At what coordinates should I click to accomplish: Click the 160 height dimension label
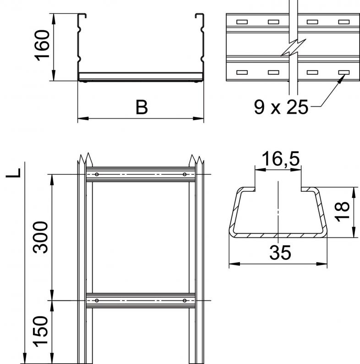pos(42,45)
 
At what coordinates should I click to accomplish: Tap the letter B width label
pos(142,107)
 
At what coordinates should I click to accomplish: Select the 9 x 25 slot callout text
pos(281,107)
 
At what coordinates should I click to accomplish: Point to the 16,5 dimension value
pos(281,158)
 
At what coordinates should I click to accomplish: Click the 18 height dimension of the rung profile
pos(342,212)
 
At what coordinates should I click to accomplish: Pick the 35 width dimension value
pos(280,252)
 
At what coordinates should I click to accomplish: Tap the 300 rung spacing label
pos(40,237)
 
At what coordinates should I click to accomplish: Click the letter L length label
pos(13,173)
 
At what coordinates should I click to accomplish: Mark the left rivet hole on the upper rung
pos(97,174)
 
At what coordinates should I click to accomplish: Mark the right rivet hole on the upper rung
pos(185,174)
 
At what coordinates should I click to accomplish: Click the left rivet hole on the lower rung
pos(97,301)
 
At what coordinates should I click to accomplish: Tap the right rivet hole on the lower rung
pos(185,301)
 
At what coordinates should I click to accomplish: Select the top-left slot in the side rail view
pos(242,22)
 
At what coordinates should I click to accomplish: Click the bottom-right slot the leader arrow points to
pos(344,72)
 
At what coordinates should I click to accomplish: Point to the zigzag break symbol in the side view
pos(293,48)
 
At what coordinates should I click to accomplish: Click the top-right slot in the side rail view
pos(344,22)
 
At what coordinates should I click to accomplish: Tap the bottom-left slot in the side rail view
pos(242,72)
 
